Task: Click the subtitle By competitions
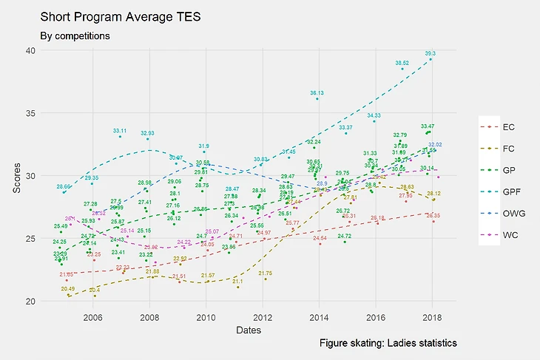tap(75, 35)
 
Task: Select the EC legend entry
tap(508, 126)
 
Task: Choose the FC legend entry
tap(508, 148)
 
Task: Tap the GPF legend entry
tap(510, 190)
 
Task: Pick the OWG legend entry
tap(511, 211)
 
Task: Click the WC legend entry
tap(509, 233)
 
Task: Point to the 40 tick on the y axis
tap(30, 50)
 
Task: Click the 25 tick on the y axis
tap(30, 239)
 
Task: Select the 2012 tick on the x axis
tap(263, 317)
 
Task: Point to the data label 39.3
tap(431, 53)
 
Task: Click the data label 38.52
tap(402, 63)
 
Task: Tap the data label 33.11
tap(120, 131)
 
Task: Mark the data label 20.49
tap(68, 288)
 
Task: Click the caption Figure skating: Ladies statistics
tap(388, 344)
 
